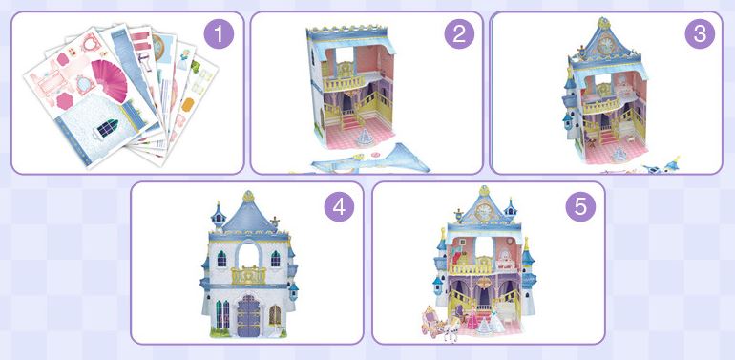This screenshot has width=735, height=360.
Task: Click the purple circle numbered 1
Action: [x=219, y=33]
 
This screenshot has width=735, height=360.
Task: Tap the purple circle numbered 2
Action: [x=459, y=33]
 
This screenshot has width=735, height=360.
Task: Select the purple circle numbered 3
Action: [x=700, y=33]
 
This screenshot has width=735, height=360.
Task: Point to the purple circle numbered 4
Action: [x=340, y=206]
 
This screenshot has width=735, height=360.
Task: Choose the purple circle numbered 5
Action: [x=580, y=206]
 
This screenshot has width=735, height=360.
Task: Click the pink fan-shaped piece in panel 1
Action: [x=111, y=80]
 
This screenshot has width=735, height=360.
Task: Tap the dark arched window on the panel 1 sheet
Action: [x=107, y=129]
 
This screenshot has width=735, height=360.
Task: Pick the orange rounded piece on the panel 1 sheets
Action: [x=188, y=104]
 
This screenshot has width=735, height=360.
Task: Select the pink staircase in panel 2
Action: [x=351, y=122]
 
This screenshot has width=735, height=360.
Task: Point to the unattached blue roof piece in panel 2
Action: [x=371, y=159]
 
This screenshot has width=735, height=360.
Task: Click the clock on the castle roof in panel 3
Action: [x=604, y=45]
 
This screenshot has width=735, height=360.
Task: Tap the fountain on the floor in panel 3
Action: [x=620, y=154]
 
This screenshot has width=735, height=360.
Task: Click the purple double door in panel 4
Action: [x=248, y=315]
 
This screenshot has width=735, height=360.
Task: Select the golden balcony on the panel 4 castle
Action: [x=248, y=275]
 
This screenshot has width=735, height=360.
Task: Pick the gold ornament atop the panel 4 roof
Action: [x=248, y=196]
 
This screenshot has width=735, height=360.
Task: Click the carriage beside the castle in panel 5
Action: [x=433, y=321]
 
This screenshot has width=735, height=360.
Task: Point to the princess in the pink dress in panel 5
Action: [x=472, y=318]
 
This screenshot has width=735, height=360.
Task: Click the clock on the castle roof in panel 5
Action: [x=484, y=211]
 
